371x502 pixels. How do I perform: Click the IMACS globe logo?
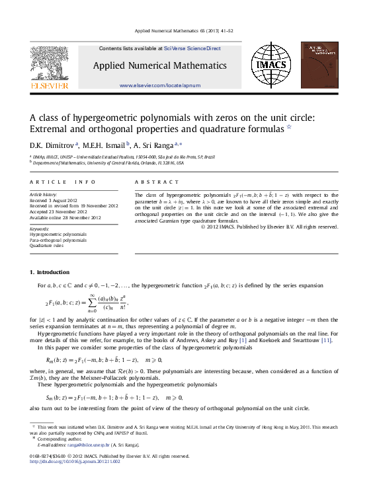(270, 65)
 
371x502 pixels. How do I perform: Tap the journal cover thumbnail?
(319, 65)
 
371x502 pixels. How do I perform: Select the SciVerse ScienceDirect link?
(192, 48)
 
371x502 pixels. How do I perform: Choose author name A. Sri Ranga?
(154, 144)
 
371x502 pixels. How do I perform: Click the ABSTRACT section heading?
(157, 182)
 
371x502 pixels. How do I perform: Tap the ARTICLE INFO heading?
(58, 182)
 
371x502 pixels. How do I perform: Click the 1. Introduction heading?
(50, 272)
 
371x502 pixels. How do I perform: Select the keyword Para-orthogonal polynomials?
(58, 240)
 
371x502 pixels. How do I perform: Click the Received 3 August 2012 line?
(54, 200)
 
